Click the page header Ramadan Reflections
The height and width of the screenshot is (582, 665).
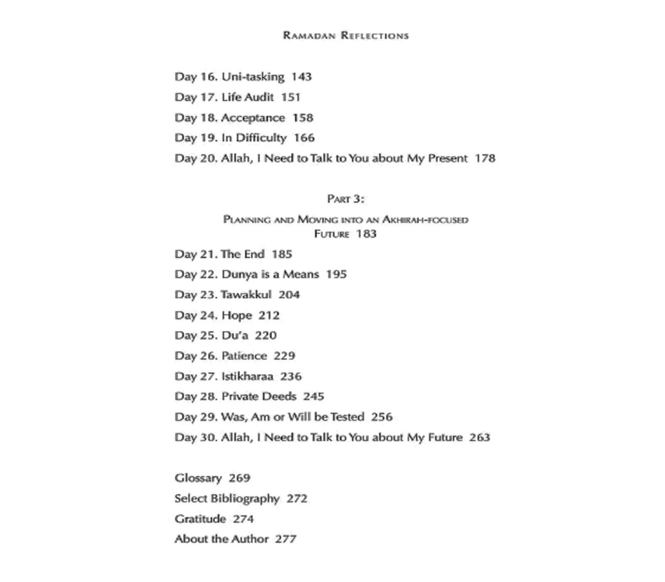tap(346, 35)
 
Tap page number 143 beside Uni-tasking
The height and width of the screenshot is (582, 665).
tap(301, 77)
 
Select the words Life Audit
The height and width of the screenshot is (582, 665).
tap(248, 97)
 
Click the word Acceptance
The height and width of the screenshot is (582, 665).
tap(253, 118)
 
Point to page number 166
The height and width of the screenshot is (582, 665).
tap(304, 138)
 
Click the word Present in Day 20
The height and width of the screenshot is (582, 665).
tap(448, 158)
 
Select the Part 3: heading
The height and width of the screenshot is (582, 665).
tap(346, 199)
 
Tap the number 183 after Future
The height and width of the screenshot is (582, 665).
tap(366, 234)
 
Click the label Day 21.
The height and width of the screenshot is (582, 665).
tap(196, 254)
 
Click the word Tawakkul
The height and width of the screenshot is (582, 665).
tap(246, 295)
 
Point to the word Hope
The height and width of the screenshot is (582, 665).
tap(237, 316)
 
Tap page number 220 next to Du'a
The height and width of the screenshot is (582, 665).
tap(266, 335)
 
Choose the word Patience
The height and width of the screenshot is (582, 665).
tap(244, 356)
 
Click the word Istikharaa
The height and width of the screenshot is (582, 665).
tap(247, 376)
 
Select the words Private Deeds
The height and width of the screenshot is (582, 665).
tap(259, 396)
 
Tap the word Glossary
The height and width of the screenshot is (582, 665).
tap(198, 478)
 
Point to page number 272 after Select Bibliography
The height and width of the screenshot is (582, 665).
tap(297, 498)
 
